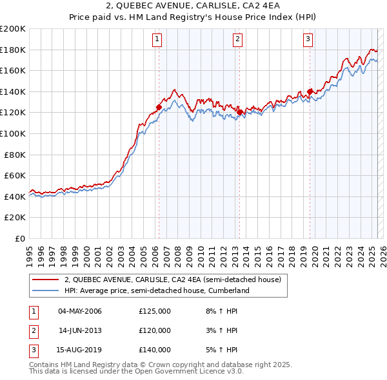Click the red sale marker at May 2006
point(159,108)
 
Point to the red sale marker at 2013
point(240,113)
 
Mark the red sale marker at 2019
point(310,91)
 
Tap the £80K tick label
point(15,155)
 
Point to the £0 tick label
point(20,238)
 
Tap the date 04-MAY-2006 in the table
point(80,312)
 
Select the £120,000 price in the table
point(155,330)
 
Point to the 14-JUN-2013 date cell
point(80,330)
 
